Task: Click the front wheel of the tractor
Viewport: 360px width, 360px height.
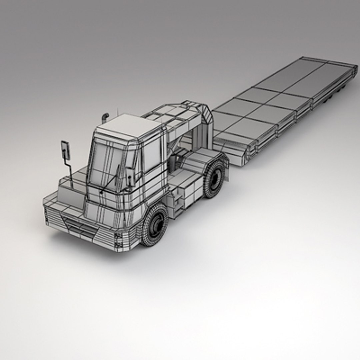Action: click(x=155, y=225)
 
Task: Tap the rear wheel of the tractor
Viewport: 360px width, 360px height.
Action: click(x=215, y=179)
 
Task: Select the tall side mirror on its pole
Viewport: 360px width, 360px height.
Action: click(x=65, y=150)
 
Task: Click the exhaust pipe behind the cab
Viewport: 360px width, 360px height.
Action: click(x=105, y=117)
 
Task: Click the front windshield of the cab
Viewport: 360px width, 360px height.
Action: click(x=107, y=163)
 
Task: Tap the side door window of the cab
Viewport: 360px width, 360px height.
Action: click(x=152, y=155)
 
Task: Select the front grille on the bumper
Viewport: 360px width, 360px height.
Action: click(x=80, y=228)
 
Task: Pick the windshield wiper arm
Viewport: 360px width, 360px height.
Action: click(x=110, y=183)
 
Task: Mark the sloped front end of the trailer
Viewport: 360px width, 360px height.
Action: click(x=237, y=150)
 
